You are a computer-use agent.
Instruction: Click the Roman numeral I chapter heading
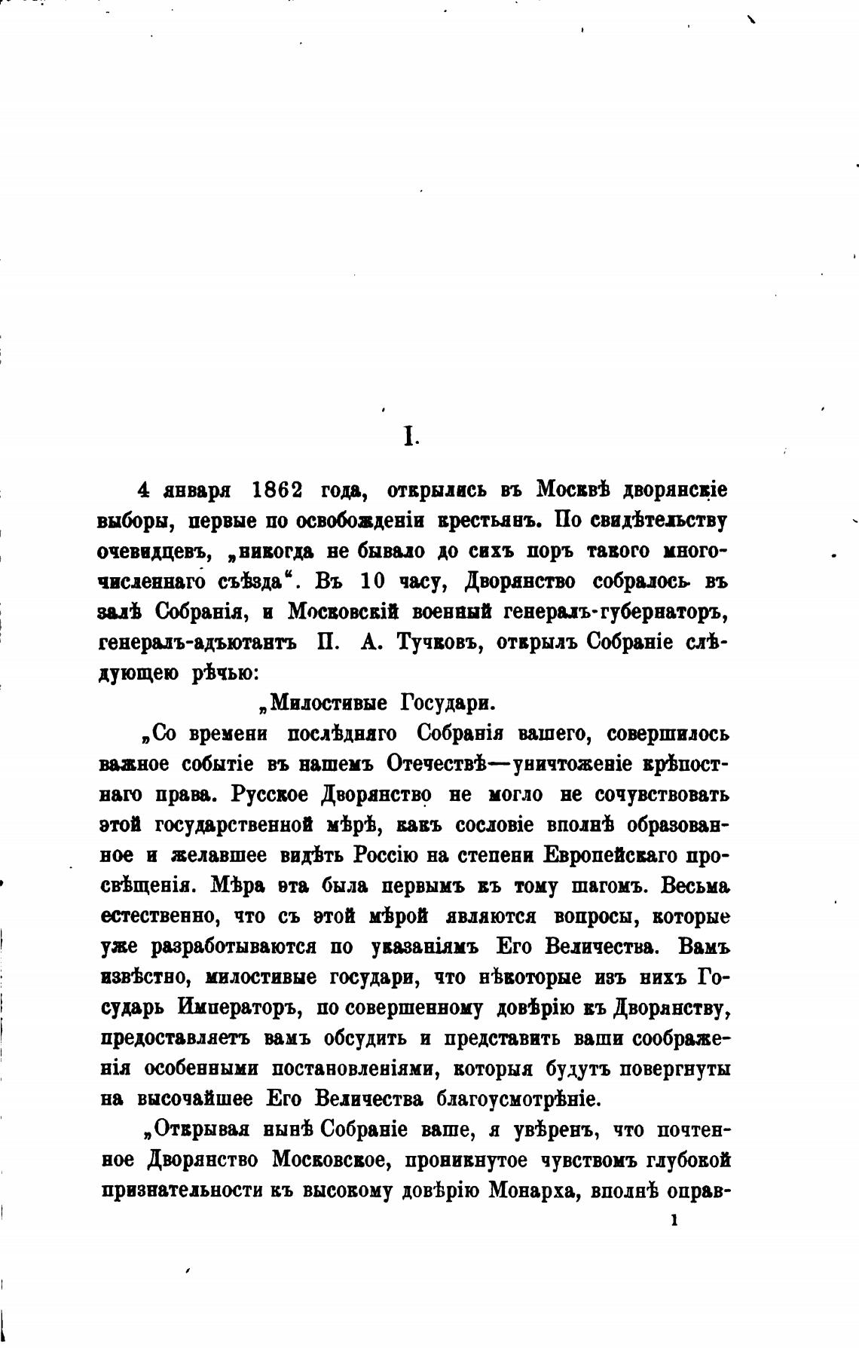click(x=408, y=436)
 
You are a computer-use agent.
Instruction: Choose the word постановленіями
click(x=358, y=1068)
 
